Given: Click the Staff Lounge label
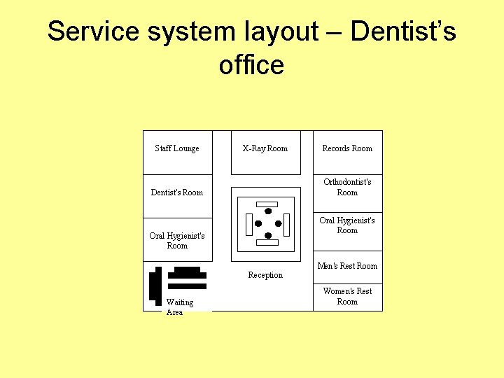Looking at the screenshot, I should coord(176,148).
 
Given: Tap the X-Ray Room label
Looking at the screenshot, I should coord(265,148).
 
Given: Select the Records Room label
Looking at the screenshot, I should coord(347,148).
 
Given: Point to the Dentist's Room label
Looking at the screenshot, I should coord(177,192).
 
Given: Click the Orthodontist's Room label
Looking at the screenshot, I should coord(347,187).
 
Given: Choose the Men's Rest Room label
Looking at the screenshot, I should coord(347,266).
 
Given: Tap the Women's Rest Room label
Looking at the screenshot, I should coord(347,296).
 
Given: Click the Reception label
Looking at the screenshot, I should coord(265,275).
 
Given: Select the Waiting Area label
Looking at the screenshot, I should coord(179,307).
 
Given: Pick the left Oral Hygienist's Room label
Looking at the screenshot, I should coord(177,241).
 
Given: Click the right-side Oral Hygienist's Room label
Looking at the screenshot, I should coord(347,225).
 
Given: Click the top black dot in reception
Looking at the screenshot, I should coord(267,211).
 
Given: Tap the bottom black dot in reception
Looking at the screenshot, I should coord(267,235).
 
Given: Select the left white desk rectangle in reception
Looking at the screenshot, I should coord(248,223).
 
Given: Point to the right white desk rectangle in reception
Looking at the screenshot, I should coord(286,223).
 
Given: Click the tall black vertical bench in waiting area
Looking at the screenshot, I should coord(155,286).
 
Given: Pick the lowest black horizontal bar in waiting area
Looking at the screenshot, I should coord(187,286).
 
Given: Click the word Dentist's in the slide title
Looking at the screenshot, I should coord(403,31).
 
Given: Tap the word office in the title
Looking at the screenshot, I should coord(251,65).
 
